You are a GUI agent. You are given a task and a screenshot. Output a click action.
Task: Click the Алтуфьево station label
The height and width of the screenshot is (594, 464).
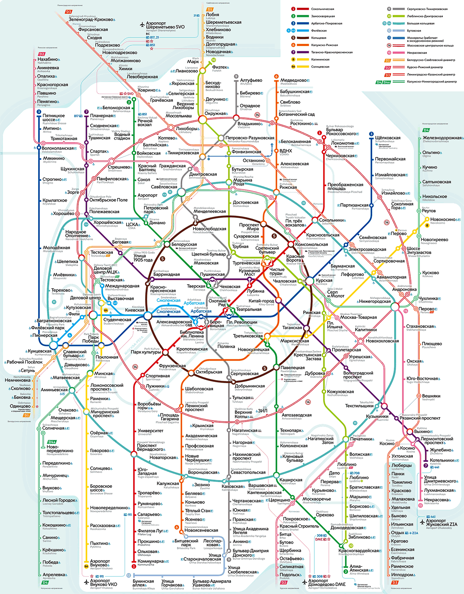(251, 80)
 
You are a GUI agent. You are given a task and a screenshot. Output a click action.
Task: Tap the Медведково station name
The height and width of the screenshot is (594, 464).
(293, 80)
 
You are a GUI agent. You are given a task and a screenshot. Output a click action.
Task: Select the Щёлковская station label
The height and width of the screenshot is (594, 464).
(388, 138)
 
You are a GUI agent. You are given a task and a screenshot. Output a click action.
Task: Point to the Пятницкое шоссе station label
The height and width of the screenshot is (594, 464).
(53, 118)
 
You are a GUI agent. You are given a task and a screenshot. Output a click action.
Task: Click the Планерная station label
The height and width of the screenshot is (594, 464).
(101, 116)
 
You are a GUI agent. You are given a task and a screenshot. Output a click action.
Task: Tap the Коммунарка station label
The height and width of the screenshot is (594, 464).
(150, 561)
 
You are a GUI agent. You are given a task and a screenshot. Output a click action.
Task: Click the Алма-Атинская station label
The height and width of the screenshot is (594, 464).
(359, 568)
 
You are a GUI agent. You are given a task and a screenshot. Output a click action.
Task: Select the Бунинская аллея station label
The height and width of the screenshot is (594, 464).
(143, 583)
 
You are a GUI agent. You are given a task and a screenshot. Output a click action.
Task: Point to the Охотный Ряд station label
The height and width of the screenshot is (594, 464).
(218, 303)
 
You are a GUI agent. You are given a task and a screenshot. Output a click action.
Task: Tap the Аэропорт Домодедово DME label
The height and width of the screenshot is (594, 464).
(327, 582)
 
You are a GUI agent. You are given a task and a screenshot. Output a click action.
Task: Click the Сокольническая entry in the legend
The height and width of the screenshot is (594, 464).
(323, 9)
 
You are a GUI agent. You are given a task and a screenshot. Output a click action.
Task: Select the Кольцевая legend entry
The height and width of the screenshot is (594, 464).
(318, 38)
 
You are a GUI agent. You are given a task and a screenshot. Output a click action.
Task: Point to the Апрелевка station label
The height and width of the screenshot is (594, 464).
(54, 575)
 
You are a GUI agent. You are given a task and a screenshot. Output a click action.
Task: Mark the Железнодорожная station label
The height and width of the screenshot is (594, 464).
(442, 138)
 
